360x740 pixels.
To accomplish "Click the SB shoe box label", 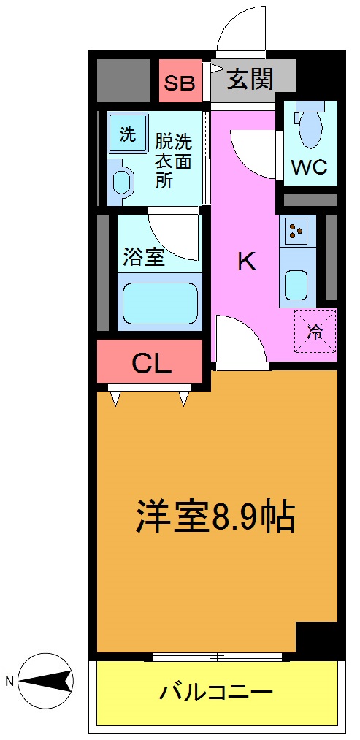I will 180,82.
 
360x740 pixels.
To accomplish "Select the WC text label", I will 310,167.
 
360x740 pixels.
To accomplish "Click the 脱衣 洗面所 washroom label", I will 173,159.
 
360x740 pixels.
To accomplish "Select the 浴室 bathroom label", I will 143,256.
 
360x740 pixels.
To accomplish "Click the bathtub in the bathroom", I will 160,303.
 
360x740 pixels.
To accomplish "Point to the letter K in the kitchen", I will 247,262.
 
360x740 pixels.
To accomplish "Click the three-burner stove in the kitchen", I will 296,231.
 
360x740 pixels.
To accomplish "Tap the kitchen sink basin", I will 296,285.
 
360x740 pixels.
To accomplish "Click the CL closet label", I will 151,362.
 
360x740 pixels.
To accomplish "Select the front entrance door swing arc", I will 240,29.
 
